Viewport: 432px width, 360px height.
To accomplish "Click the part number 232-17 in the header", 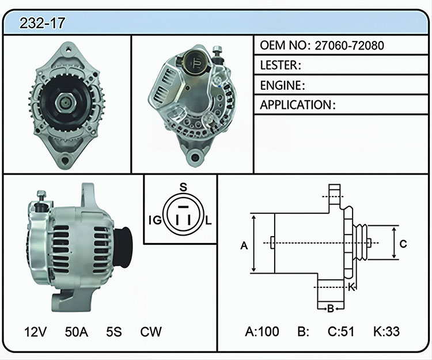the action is pos(42,23).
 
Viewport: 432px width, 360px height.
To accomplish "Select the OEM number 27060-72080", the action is pos(349,46).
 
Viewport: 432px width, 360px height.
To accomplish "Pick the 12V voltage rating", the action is pos(35,332).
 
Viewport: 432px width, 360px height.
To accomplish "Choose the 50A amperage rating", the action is pos(76,332).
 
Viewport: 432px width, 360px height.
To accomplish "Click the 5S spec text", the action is pos(114,332).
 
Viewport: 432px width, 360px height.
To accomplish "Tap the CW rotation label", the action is pos(151,332).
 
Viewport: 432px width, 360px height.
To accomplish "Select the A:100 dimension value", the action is pos(262,331).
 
